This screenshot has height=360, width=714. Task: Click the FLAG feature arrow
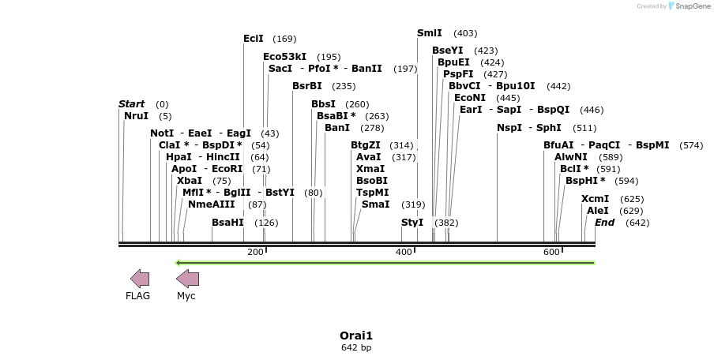click(140, 278)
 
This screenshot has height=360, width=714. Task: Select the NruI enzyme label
click(136, 116)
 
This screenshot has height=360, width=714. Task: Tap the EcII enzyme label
click(254, 39)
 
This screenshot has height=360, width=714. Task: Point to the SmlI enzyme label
click(430, 33)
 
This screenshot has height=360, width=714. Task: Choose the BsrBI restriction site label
click(307, 86)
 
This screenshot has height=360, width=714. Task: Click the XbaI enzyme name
click(190, 181)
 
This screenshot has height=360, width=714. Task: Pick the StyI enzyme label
click(412, 223)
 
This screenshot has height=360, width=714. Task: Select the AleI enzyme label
click(598, 211)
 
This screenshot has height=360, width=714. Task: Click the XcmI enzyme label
click(596, 199)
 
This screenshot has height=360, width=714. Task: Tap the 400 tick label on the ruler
click(404, 252)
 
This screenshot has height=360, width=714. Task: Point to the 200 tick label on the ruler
click(255, 252)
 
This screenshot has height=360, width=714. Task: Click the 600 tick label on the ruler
click(551, 252)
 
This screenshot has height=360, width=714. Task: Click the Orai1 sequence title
click(356, 335)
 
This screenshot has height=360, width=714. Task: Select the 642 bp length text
click(356, 347)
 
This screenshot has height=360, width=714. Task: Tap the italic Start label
click(131, 104)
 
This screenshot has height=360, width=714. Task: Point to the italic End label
click(604, 223)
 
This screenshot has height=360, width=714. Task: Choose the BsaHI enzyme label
click(227, 223)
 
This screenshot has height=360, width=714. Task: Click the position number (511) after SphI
click(584, 128)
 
